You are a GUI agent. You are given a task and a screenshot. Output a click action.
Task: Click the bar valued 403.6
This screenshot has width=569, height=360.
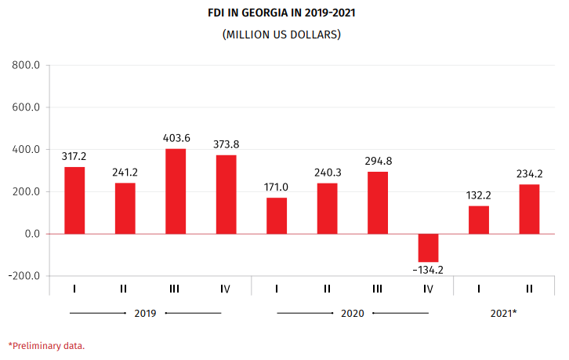click(x=176, y=191)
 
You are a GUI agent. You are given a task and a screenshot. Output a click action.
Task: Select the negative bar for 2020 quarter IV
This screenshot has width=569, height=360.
click(x=428, y=248)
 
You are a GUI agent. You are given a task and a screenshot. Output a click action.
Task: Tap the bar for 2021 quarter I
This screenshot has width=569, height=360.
click(x=479, y=220)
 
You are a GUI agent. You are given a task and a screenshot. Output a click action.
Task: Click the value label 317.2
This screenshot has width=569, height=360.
click(x=74, y=157)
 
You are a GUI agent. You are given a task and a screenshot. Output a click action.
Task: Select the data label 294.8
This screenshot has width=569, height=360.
click(x=378, y=162)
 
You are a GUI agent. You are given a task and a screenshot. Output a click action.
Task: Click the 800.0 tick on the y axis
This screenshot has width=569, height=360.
click(x=26, y=65)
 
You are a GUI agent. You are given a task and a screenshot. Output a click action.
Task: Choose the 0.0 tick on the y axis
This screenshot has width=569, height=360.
click(x=31, y=234)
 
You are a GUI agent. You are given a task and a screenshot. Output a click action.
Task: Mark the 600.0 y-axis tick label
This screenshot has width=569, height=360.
click(x=26, y=107)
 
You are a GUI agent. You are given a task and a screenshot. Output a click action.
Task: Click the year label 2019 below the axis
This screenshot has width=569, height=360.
click(x=145, y=313)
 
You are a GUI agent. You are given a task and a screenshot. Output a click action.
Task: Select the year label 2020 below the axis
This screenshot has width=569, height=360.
click(x=353, y=313)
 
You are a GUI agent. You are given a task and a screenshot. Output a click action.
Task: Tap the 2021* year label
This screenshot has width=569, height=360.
click(x=504, y=313)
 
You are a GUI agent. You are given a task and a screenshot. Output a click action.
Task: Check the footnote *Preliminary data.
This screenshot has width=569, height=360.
click(x=46, y=345)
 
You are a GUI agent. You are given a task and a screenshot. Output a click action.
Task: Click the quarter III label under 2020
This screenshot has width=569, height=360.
click(x=378, y=289)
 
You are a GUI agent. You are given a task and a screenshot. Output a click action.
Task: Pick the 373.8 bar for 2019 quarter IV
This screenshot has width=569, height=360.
click(x=227, y=195)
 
